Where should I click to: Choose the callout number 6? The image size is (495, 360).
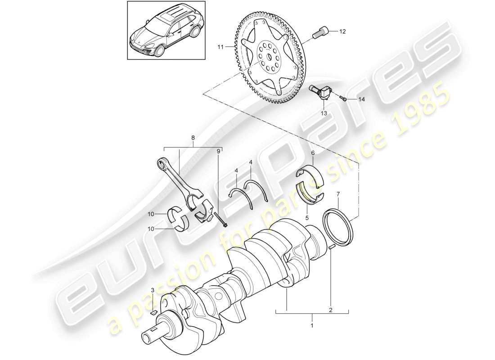click(x=312, y=153)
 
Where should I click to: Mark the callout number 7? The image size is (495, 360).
click(x=338, y=194)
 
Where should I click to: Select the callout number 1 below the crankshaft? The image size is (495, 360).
click(x=312, y=324)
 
